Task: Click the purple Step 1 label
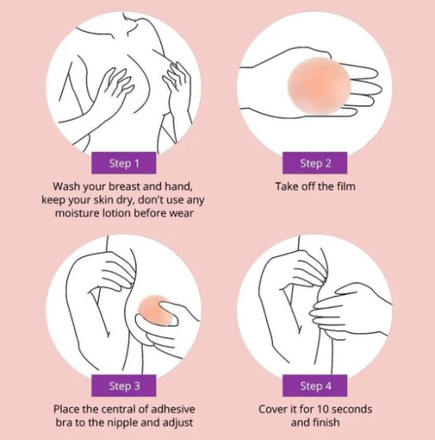coord(124,163)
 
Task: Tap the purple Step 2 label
coord(315,163)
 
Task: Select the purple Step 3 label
coord(124,386)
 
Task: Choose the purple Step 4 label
coord(315,386)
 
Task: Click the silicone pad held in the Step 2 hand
coord(319,85)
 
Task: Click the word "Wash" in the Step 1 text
coord(68,186)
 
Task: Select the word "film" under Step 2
coord(346,186)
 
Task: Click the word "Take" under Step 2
coord(287,186)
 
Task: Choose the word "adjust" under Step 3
coord(179,423)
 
